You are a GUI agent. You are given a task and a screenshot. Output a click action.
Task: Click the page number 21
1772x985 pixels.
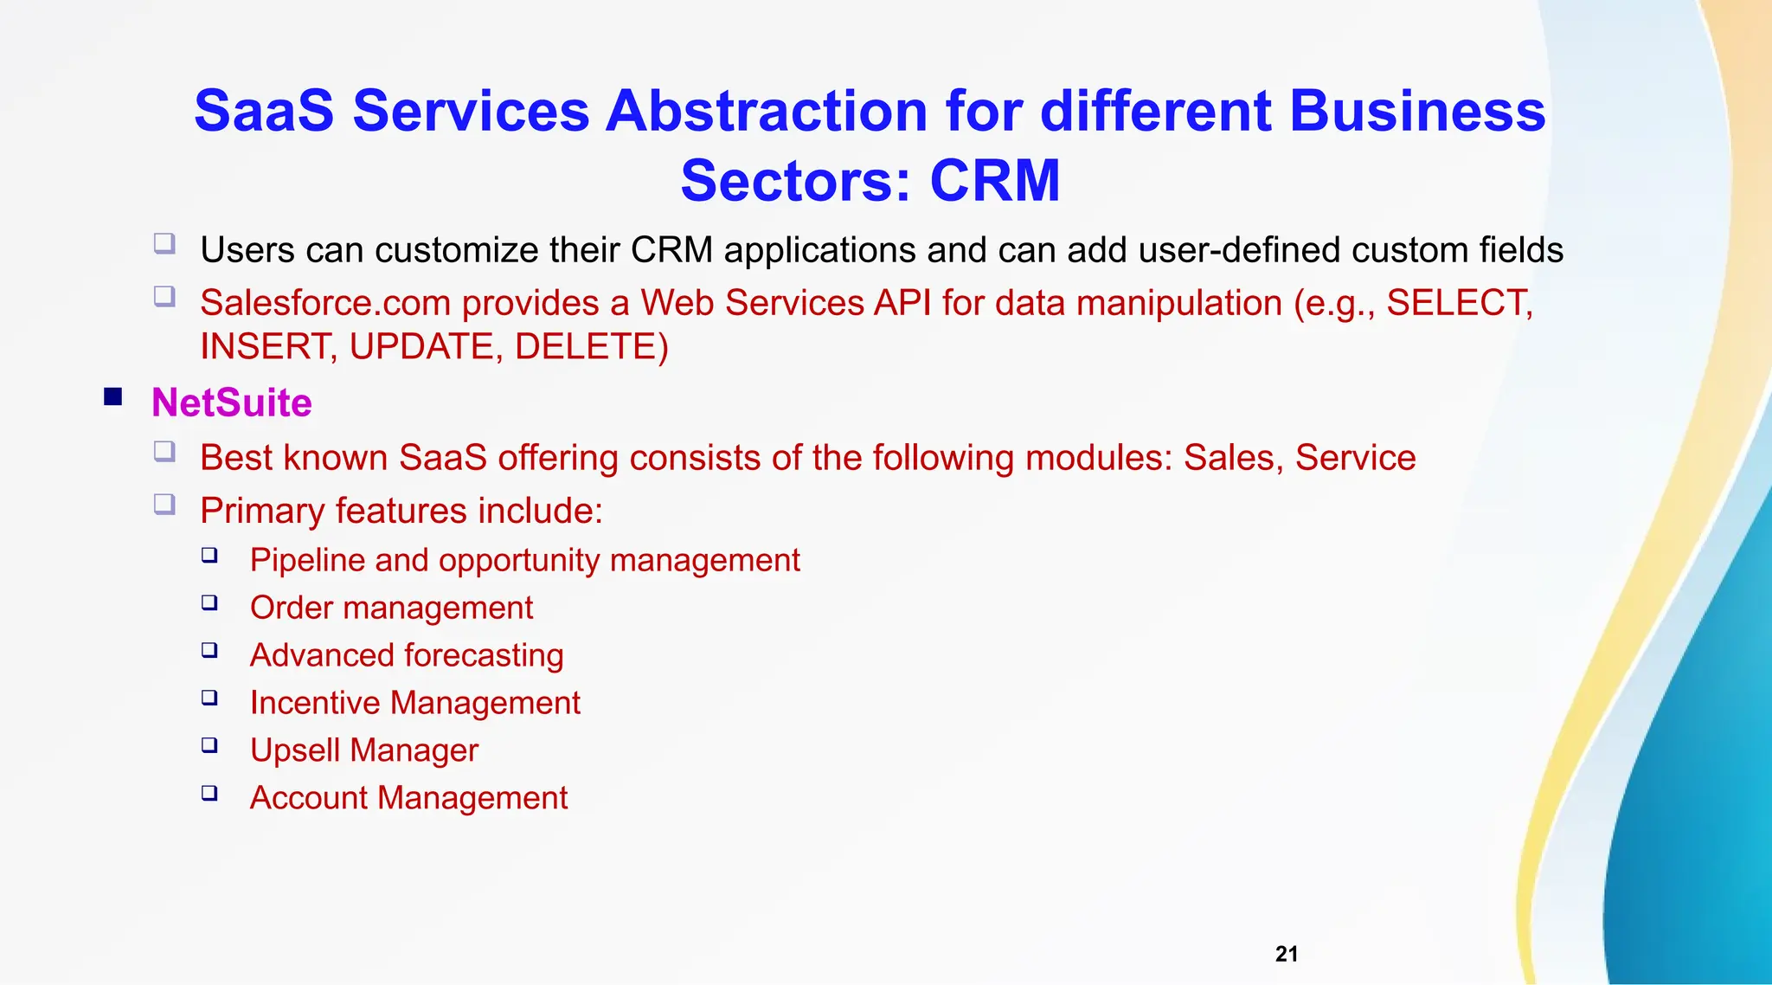(1287, 954)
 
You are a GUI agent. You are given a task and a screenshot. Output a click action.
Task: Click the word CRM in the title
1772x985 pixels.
(994, 181)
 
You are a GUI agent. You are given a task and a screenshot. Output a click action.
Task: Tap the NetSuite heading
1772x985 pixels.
(231, 403)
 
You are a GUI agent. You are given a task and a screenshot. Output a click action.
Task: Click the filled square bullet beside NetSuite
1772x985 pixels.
(112, 397)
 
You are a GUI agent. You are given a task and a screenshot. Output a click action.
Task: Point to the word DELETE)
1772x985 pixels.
(591, 347)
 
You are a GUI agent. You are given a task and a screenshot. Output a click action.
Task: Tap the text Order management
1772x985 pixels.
(391, 608)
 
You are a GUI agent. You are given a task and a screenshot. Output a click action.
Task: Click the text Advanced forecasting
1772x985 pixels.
(407, 655)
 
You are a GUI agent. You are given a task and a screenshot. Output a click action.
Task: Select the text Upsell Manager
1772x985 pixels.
(363, 750)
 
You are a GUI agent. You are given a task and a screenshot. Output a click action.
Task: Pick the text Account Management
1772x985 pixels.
(408, 798)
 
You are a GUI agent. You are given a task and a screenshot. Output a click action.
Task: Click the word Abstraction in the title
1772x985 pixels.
(766, 112)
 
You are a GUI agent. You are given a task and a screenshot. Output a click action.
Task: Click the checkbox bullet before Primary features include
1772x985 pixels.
(164, 504)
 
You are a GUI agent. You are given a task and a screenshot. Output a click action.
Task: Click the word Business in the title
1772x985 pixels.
(1416, 112)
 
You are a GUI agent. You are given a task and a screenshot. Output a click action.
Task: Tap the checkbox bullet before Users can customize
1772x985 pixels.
(164, 243)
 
